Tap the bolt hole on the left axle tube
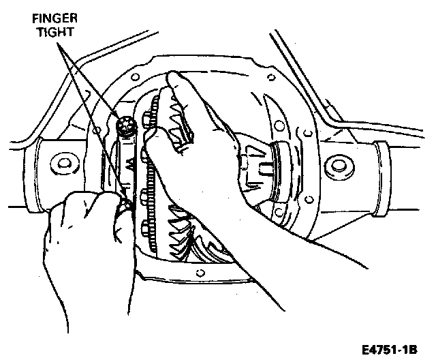pos(64,164)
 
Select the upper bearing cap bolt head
pos(125,125)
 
